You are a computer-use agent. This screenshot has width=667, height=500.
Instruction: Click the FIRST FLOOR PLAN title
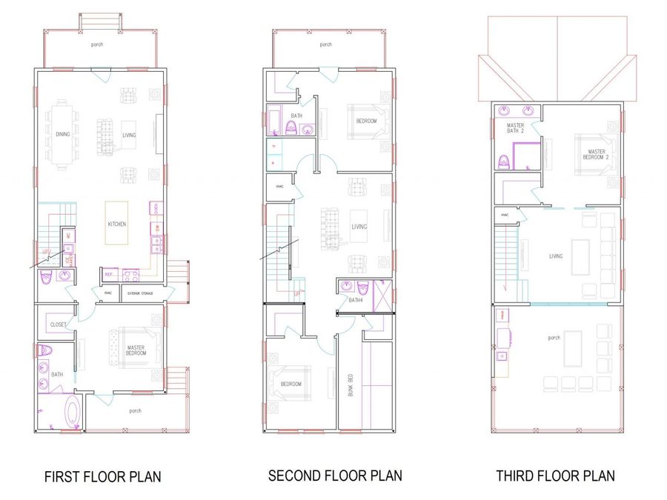click(x=102, y=476)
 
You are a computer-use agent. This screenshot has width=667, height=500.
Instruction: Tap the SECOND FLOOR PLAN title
click(x=335, y=475)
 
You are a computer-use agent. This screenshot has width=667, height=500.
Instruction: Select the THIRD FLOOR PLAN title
click(x=555, y=476)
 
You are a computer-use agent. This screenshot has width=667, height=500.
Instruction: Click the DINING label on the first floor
click(x=62, y=134)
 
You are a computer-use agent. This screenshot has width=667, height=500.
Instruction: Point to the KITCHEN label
click(x=116, y=224)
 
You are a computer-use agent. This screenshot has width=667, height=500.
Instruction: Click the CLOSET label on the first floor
click(x=59, y=324)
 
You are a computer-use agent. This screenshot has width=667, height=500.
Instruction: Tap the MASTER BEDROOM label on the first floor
click(x=136, y=350)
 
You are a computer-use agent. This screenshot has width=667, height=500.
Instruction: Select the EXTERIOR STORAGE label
click(x=141, y=294)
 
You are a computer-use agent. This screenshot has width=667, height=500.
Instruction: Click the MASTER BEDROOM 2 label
click(x=597, y=154)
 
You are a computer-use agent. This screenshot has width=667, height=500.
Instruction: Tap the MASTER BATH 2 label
click(x=516, y=130)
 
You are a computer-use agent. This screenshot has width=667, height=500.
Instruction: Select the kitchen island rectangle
click(x=116, y=223)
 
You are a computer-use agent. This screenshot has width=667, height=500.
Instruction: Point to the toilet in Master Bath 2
click(x=505, y=160)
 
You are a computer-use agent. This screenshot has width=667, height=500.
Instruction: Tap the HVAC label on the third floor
click(x=504, y=216)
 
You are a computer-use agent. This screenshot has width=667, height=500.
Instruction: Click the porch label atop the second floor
click(x=325, y=44)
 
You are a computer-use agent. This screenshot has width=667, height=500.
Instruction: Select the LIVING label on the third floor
click(x=556, y=256)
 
